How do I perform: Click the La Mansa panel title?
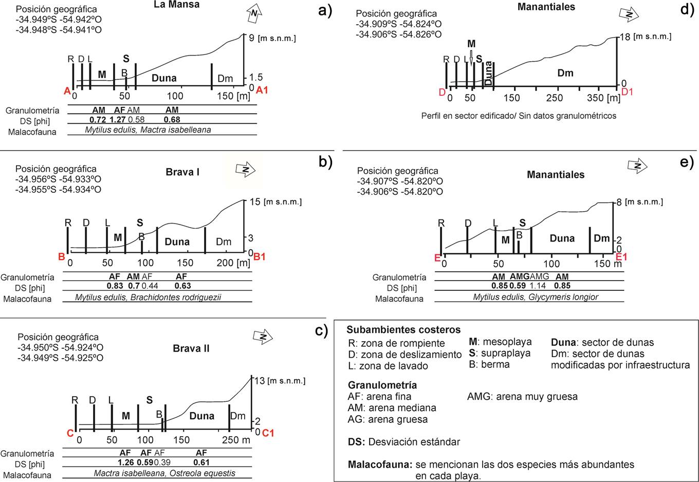[177, 5]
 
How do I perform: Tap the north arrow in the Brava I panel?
[245, 170]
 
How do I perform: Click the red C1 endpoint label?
[268, 433]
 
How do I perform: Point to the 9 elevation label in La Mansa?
[251, 38]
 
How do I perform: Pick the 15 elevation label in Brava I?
[254, 201]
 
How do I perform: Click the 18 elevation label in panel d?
[626, 36]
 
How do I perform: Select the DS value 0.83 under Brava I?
[115, 286]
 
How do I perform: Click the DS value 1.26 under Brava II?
[125, 462]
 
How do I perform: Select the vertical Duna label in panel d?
[488, 73]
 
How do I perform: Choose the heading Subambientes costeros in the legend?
[403, 330]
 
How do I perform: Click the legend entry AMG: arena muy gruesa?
[522, 396]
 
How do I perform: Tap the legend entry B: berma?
[489, 364]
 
